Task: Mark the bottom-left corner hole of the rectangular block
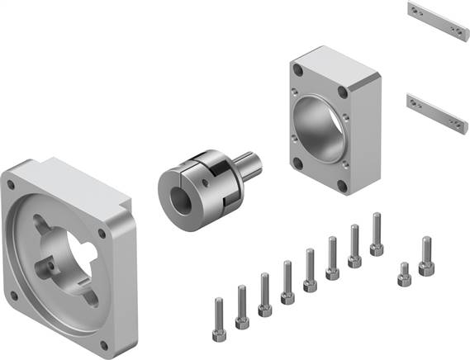(295, 162)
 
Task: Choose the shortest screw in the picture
(403, 274)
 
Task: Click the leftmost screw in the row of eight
(220, 313)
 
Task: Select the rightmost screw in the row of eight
(377, 234)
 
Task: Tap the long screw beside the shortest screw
(426, 257)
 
